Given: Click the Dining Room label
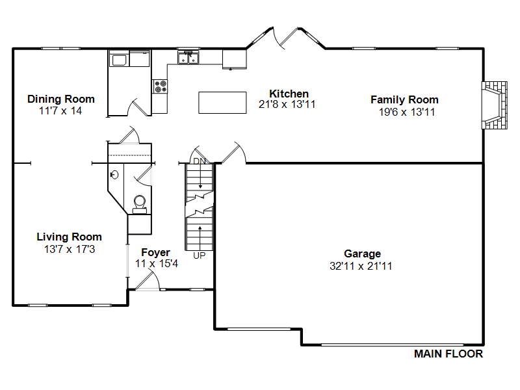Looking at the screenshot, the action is [x=61, y=99].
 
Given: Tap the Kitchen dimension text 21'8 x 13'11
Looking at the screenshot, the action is [x=287, y=105].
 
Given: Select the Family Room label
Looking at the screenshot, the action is [x=404, y=100].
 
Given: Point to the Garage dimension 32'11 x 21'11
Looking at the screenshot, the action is [x=361, y=266].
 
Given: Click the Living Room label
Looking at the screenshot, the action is [x=69, y=237].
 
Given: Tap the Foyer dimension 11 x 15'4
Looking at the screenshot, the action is [x=157, y=264].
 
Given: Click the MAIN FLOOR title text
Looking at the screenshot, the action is [x=448, y=354].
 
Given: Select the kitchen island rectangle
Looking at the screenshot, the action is [x=222, y=103].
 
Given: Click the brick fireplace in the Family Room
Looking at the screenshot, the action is [x=495, y=105].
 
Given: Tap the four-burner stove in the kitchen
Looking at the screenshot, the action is [x=160, y=86].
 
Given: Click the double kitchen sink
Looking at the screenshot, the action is [x=188, y=57].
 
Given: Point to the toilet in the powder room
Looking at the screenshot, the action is [x=140, y=204].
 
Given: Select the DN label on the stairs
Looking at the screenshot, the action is [x=200, y=161].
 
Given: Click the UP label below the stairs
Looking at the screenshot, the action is [x=200, y=255].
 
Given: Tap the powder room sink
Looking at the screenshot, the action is [x=114, y=174].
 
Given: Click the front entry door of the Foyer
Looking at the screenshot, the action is [x=148, y=281].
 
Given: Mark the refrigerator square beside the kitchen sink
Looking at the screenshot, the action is [x=235, y=59].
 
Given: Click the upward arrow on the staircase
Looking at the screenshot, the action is [x=200, y=238].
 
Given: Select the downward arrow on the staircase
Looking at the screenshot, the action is [x=200, y=177].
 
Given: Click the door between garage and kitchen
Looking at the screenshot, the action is [x=233, y=153].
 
